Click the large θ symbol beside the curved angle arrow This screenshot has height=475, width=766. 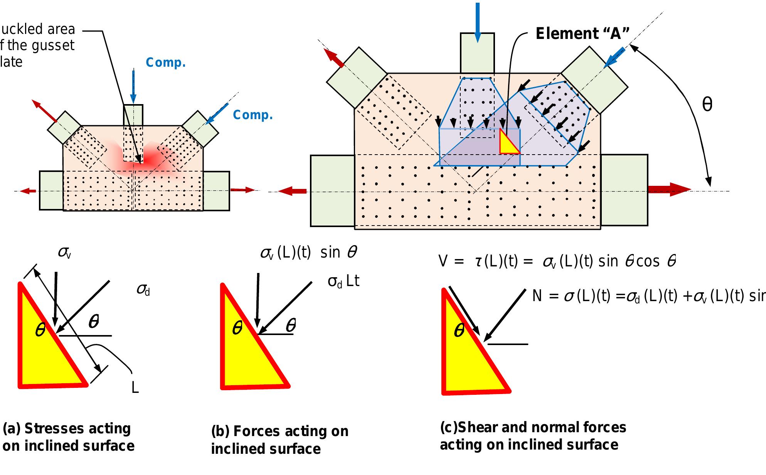tap(707, 104)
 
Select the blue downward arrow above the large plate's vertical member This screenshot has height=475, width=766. tap(478, 21)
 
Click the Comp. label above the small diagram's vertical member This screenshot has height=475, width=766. tap(166, 63)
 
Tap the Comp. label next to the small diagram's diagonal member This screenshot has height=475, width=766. tap(253, 115)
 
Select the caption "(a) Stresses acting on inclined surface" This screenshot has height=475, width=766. tap(68, 437)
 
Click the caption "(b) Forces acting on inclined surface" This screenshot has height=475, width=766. tap(279, 440)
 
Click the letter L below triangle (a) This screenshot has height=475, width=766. tap(135, 387)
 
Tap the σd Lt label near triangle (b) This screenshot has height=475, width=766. tap(343, 281)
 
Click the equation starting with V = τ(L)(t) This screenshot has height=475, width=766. tap(557, 262)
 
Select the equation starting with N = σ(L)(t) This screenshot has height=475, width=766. tap(648, 296)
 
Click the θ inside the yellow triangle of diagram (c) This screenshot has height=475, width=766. tap(459, 331)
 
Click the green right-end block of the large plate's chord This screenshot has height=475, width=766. tap(624, 190)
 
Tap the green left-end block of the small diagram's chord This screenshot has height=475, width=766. tap(51, 190)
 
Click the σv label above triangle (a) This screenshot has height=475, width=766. tap(65, 253)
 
